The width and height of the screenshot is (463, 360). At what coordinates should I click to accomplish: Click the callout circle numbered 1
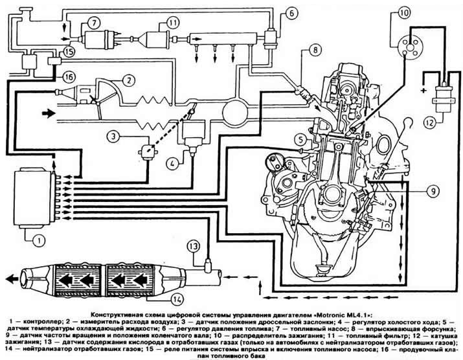(39, 240)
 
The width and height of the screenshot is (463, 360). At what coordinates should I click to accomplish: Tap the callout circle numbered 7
(93, 23)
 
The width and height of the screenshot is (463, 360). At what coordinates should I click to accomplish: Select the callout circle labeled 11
(172, 22)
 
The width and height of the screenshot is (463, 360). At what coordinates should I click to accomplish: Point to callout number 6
(291, 14)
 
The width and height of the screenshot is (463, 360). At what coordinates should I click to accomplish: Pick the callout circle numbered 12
(430, 122)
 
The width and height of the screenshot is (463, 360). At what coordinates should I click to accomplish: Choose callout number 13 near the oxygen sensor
(194, 247)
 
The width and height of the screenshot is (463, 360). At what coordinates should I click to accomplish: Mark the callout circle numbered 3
(114, 137)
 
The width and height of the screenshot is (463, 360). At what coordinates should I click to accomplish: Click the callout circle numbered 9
(433, 191)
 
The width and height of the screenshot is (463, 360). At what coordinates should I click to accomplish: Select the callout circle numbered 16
(69, 77)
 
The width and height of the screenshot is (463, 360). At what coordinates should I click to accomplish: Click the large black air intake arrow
(49, 113)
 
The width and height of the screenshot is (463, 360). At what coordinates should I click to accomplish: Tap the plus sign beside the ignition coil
(424, 90)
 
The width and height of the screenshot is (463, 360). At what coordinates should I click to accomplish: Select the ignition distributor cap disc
(410, 47)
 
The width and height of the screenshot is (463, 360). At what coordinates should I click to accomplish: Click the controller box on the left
(32, 197)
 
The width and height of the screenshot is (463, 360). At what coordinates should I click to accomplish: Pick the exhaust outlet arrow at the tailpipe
(12, 278)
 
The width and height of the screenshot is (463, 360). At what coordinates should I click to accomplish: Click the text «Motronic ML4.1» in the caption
(339, 314)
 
